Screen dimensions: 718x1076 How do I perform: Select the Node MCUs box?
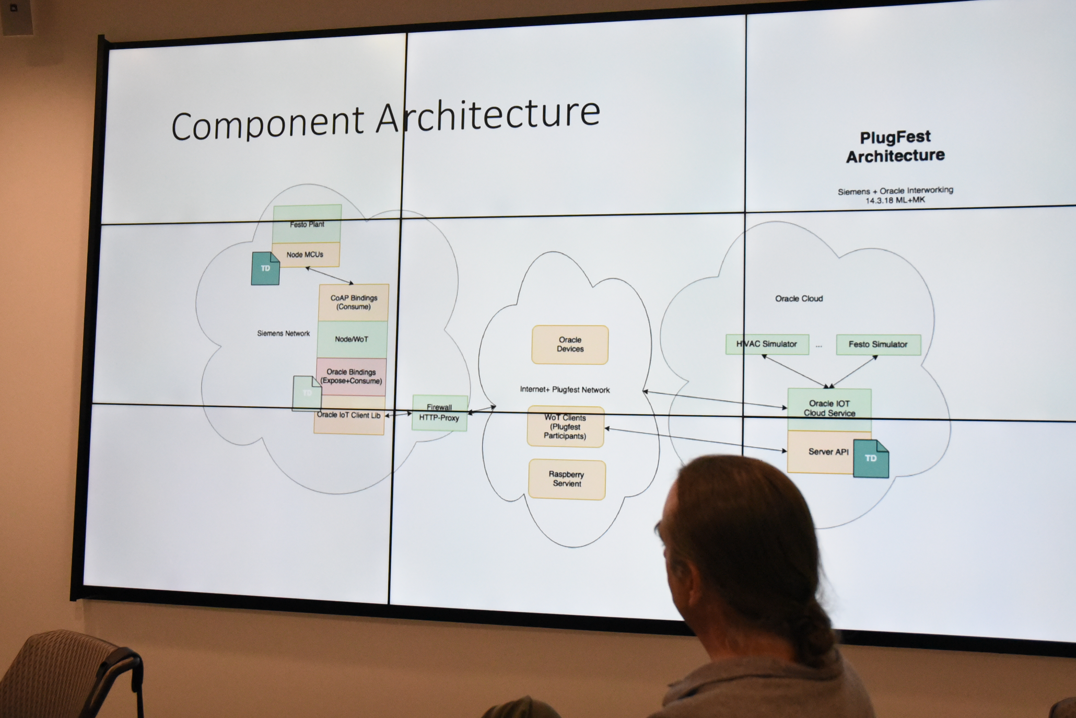[305, 254]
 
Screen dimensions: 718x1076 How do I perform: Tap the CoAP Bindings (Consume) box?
[354, 302]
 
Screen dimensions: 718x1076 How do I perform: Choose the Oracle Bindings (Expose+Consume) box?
[351, 377]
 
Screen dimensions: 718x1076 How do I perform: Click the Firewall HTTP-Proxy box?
[439, 413]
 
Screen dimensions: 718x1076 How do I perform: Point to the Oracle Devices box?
[570, 344]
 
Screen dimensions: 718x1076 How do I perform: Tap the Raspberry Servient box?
[567, 479]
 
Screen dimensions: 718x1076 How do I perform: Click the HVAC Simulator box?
[767, 344]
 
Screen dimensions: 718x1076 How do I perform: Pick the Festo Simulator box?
[878, 344]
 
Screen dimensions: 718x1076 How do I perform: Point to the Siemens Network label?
[283, 333]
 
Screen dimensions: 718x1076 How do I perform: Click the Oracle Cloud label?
[799, 299]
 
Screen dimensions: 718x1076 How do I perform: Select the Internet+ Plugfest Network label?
[565, 390]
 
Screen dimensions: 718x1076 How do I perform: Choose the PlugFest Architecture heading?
[895, 147]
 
